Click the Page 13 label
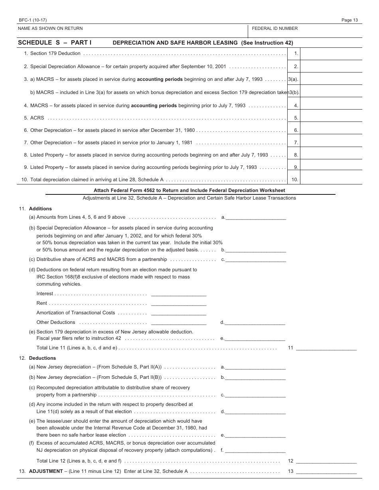[x=349, y=20]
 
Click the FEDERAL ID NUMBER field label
[x=274, y=28]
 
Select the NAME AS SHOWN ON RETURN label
[x=50, y=28]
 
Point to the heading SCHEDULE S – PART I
[x=55, y=43]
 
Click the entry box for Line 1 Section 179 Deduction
[x=331, y=54]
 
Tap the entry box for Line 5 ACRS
[x=331, y=118]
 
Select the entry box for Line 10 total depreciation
[x=331, y=180]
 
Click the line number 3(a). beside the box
[x=293, y=79]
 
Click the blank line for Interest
[x=179, y=294]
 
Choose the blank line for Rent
[x=179, y=304]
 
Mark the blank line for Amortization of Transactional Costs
[x=179, y=314]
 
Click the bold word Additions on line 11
[x=40, y=209]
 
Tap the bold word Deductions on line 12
[x=42, y=358]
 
